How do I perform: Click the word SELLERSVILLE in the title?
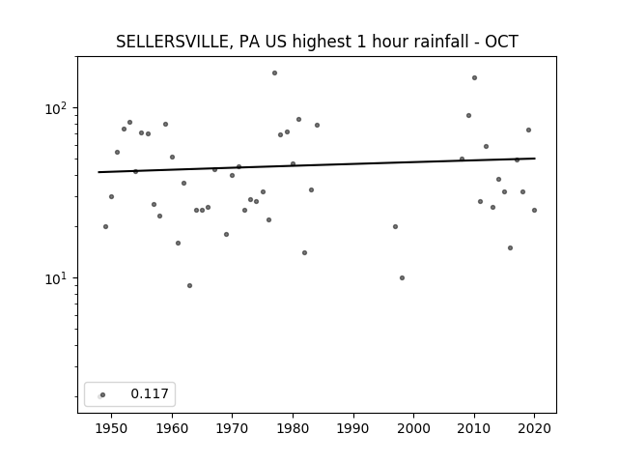[172, 42]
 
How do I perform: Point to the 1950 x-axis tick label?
[111, 428]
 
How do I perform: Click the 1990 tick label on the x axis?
[353, 428]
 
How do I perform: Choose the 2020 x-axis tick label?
[534, 428]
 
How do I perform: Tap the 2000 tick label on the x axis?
[414, 428]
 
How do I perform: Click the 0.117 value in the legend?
[150, 393]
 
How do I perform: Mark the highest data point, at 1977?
[274, 73]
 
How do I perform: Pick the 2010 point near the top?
[474, 77]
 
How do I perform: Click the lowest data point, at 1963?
[189, 286]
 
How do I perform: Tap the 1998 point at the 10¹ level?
[402, 277]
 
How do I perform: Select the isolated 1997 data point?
[395, 226]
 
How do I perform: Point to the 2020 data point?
[534, 211]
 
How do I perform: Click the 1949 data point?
[105, 226]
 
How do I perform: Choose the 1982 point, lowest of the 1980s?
[305, 253]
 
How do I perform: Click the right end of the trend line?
[535, 159]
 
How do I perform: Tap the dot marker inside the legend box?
[103, 394]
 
